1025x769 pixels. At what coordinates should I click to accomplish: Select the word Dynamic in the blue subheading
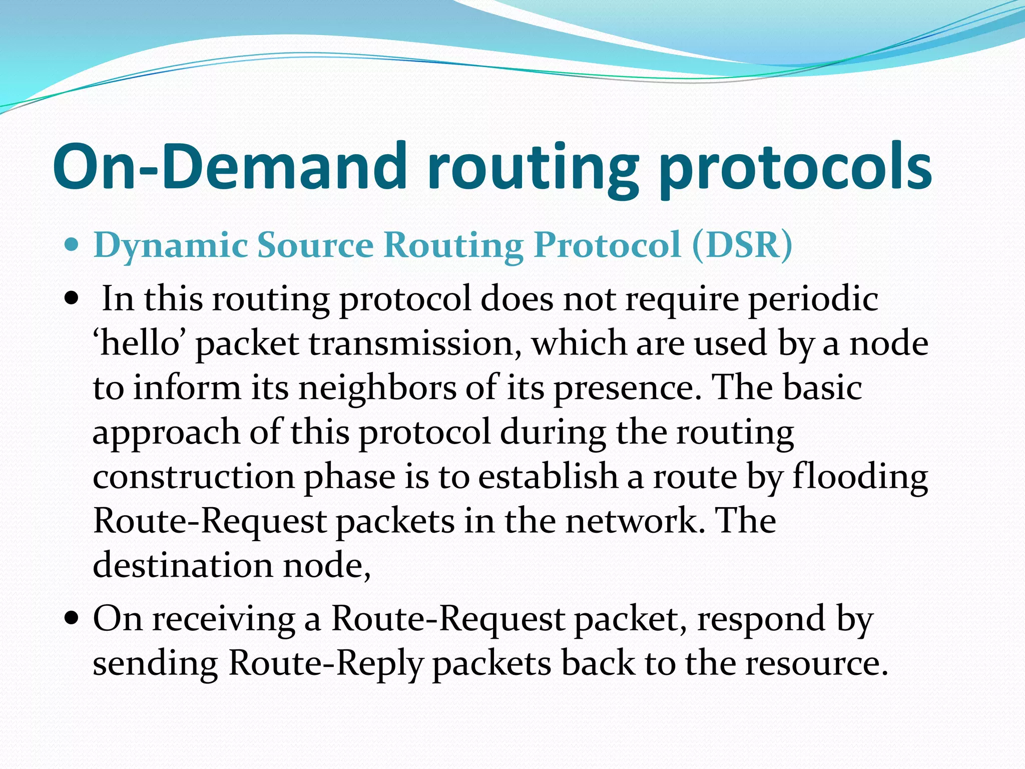170,245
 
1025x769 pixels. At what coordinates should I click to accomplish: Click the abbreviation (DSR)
743,245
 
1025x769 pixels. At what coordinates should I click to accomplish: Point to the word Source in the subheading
315,245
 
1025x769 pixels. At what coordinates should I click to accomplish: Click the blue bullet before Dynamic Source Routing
72,245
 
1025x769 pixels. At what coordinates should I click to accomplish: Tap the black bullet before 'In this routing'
72,299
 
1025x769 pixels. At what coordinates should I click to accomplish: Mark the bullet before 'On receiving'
72,619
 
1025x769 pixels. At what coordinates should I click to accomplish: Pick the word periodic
813,299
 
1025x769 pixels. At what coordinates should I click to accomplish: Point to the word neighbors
377,388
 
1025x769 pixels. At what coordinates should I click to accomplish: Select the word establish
548,477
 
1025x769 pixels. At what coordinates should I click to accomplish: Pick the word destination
183,565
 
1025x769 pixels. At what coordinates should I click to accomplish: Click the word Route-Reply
326,664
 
